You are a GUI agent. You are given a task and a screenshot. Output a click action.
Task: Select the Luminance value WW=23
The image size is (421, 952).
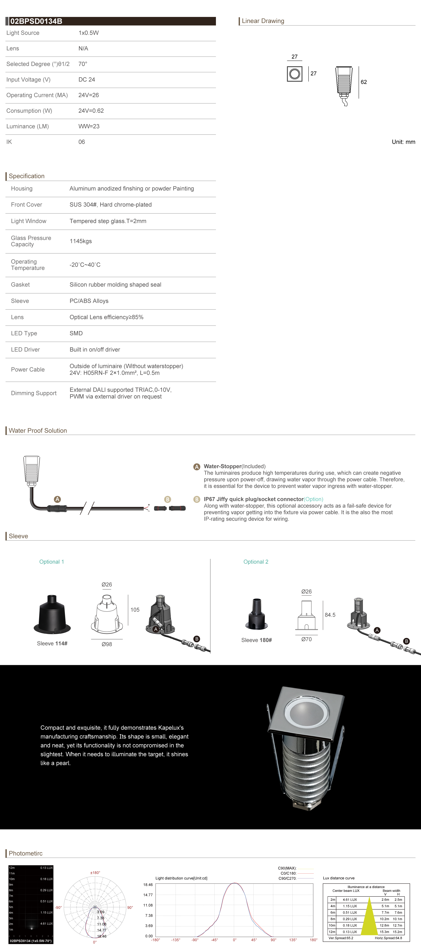pyautogui.click(x=89, y=126)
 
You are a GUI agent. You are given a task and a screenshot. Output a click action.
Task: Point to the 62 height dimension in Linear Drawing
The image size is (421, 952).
pyautogui.click(x=364, y=82)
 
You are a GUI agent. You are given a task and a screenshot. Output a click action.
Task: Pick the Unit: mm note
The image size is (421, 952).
pyautogui.click(x=403, y=142)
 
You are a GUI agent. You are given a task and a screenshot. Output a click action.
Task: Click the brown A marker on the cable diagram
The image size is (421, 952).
pyautogui.click(x=57, y=499)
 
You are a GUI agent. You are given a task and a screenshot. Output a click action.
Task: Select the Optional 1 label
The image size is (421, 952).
pyautogui.click(x=52, y=562)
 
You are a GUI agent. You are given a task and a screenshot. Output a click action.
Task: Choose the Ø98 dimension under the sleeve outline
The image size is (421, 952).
pyautogui.click(x=107, y=644)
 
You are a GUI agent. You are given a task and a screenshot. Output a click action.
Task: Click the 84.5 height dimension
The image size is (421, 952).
pyautogui.click(x=330, y=615)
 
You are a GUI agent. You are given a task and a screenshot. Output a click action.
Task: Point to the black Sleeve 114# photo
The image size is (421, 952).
pyautogui.click(x=52, y=614)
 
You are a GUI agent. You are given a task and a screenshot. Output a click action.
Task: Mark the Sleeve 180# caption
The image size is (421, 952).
pyautogui.click(x=257, y=640)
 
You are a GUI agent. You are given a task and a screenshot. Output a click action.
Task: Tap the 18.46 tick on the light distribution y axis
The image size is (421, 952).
pyautogui.click(x=148, y=885)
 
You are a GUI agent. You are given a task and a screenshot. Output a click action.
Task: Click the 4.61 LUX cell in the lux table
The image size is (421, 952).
pyautogui.click(x=350, y=899)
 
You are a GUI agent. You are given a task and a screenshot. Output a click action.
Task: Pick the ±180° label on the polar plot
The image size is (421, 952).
pyautogui.click(x=95, y=873)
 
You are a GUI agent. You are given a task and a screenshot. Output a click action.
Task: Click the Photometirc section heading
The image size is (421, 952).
pyautogui.click(x=26, y=853)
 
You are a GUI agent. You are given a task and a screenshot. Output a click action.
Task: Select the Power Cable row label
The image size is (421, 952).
pyautogui.click(x=28, y=369)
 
